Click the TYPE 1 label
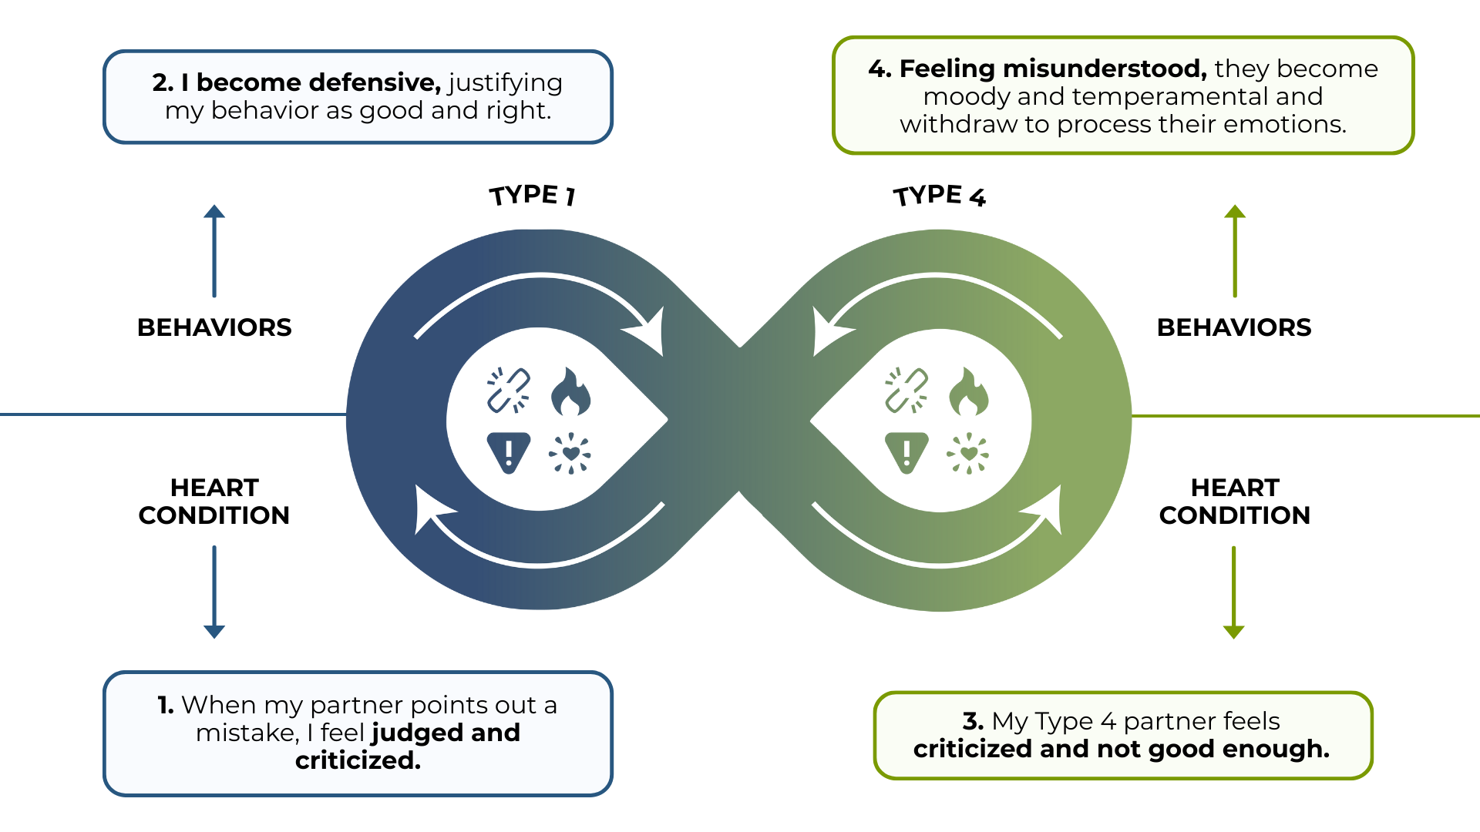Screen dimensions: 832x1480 pyautogui.click(x=532, y=195)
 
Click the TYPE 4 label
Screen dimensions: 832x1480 pyautogui.click(x=939, y=196)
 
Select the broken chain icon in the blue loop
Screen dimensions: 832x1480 pyautogui.click(x=508, y=391)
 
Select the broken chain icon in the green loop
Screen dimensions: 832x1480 pyautogui.click(x=906, y=391)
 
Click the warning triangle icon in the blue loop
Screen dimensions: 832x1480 pyautogui.click(x=509, y=452)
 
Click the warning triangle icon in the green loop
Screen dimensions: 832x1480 pyautogui.click(x=906, y=452)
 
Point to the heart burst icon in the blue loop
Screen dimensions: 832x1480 pyautogui.click(x=570, y=453)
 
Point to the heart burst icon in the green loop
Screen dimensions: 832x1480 pyautogui.click(x=968, y=453)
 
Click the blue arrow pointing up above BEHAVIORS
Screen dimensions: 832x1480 pyautogui.click(x=214, y=250)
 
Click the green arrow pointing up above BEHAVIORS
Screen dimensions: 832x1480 pyautogui.click(x=1235, y=250)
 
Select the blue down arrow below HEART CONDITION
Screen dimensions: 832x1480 pyautogui.click(x=214, y=592)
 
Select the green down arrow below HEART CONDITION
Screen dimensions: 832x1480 pyautogui.click(x=1234, y=592)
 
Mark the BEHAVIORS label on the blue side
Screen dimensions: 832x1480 pyautogui.click(x=214, y=327)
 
